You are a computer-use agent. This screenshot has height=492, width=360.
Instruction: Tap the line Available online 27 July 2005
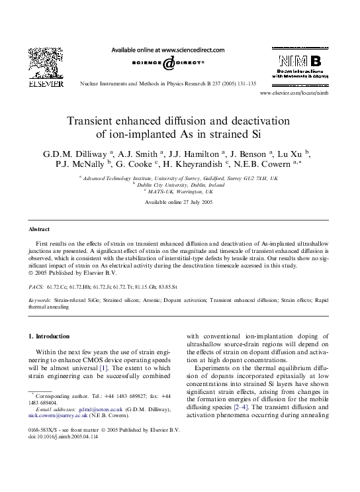coord(179,201)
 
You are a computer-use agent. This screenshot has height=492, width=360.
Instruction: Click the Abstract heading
coord(39,229)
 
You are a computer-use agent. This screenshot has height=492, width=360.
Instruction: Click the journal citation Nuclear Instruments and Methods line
coord(167,84)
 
